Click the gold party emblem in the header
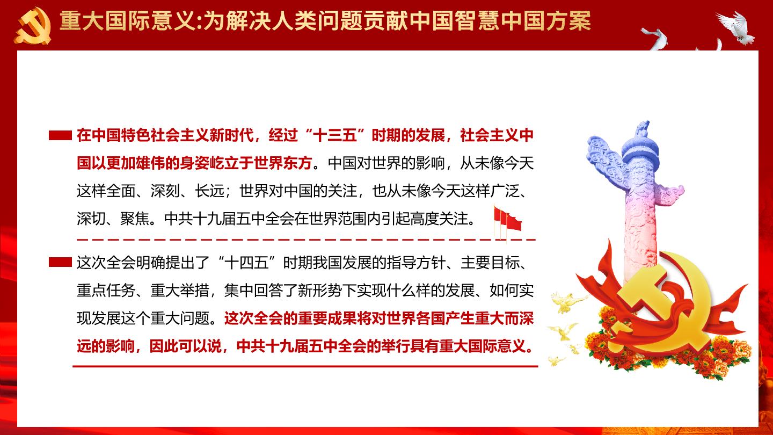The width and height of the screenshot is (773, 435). pyautogui.click(x=33, y=26)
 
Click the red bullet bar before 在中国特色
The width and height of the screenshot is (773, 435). pyautogui.click(x=60, y=135)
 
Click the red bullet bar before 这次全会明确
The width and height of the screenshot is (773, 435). pyautogui.click(x=60, y=263)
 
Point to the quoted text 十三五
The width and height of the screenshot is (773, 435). pyautogui.click(x=335, y=135)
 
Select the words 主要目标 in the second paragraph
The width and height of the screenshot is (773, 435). pyautogui.click(x=490, y=263)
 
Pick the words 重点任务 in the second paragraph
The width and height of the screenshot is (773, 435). pyautogui.click(x=106, y=291)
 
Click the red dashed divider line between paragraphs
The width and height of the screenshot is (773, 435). pyautogui.click(x=306, y=239)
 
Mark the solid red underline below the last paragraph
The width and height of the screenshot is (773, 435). pyautogui.click(x=305, y=366)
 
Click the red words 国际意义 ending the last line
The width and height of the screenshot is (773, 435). pyautogui.click(x=498, y=346)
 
